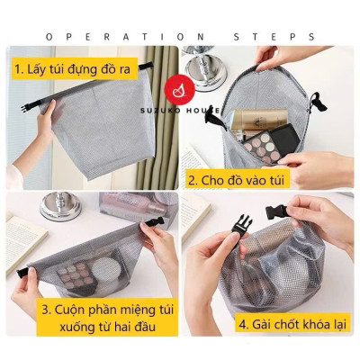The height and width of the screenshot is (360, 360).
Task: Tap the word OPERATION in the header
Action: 106,37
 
